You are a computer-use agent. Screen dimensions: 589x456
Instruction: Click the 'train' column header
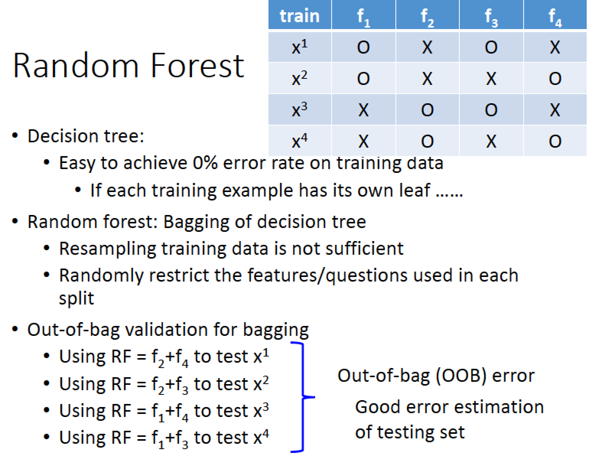coord(299,15)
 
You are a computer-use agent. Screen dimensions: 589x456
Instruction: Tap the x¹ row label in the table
coord(300,47)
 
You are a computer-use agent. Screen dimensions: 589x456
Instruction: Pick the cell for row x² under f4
coord(555,78)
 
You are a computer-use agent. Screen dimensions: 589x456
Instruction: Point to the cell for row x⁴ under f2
coord(428,141)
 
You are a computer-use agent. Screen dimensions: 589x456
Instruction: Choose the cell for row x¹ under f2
coord(428,47)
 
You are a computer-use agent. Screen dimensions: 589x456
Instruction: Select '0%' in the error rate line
coord(205,163)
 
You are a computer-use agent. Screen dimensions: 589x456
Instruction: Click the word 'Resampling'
coord(107,249)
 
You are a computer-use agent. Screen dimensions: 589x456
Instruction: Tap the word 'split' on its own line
coord(76,298)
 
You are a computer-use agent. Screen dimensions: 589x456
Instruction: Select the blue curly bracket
coord(303,397)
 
